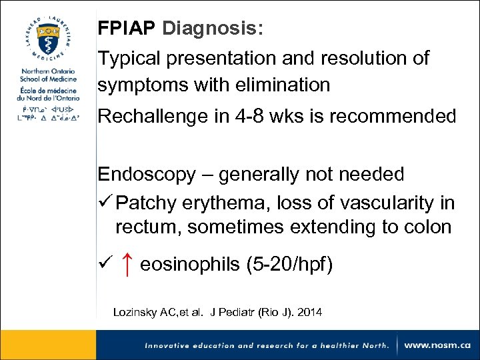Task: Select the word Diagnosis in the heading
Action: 212,29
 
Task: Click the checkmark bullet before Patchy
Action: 104,201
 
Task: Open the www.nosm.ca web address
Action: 437,345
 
